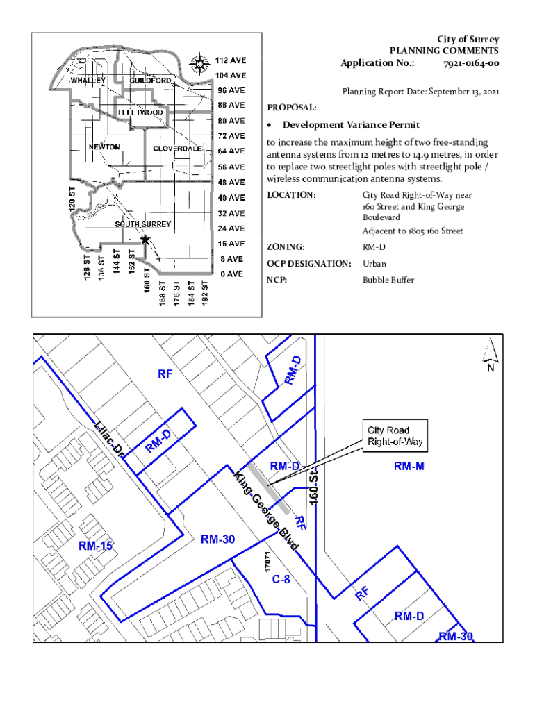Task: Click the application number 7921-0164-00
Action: tap(471, 63)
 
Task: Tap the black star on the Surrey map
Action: tap(145, 240)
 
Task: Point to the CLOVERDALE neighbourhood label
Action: tap(177, 149)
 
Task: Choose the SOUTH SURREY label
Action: tap(142, 224)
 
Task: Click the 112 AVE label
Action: tap(229, 60)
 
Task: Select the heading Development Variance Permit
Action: tap(351, 125)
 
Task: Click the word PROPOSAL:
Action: tap(292, 108)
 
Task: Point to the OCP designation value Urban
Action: tap(374, 264)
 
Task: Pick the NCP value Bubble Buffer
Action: tap(388, 280)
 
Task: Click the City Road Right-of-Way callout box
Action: tap(394, 435)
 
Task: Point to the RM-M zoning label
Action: tap(409, 467)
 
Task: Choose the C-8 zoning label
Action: tap(281, 580)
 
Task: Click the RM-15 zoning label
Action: tap(95, 546)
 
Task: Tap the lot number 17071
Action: tap(267, 562)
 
